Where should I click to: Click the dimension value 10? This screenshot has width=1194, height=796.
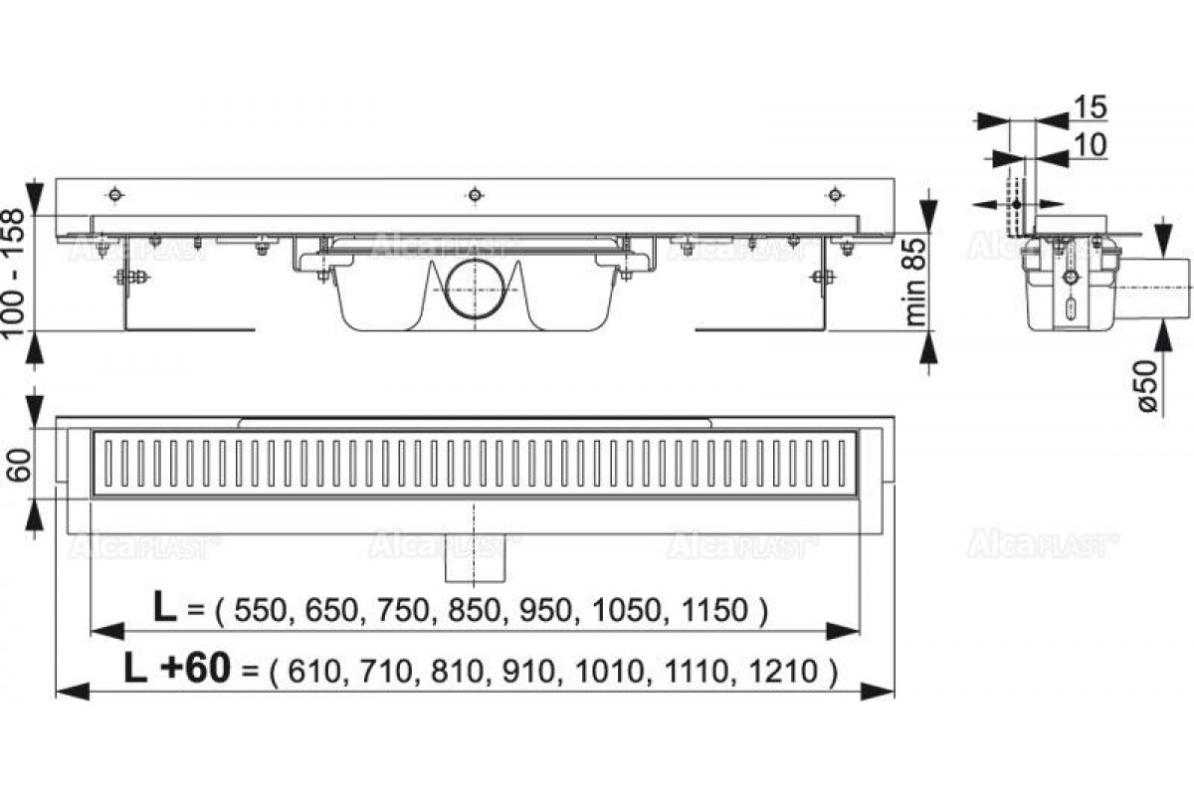[x=1091, y=144]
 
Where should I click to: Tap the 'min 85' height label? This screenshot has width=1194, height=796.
[x=916, y=282]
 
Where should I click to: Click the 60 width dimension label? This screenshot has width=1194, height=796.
[x=20, y=465]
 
